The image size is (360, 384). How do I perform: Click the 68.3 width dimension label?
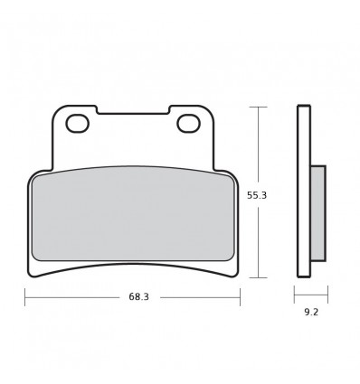point(139,297)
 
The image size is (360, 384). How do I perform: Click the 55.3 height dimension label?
point(257,195)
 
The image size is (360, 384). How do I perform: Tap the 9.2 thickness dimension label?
point(311,312)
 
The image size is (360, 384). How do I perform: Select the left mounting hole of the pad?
point(78,124)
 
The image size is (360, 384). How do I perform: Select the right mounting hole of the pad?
point(189,124)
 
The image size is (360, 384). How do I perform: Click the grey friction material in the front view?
point(134,214)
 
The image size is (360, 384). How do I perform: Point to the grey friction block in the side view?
point(318,213)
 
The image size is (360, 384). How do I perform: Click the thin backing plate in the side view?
point(304,191)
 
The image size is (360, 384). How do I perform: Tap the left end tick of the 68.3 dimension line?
point(25,297)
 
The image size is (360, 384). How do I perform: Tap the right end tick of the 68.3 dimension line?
point(240,297)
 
